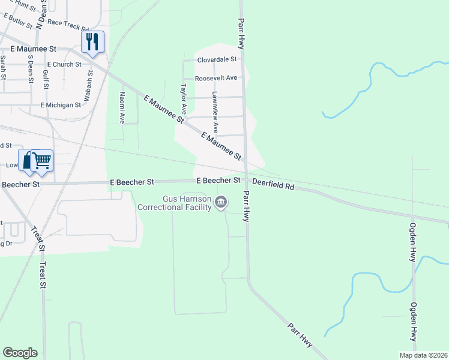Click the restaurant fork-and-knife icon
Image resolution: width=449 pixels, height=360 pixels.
92,41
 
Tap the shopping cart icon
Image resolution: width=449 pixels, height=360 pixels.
41,160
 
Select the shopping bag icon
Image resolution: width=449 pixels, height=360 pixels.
28,160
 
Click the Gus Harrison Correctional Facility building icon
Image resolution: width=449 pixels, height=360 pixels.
221,203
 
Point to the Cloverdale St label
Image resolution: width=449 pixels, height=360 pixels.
217,60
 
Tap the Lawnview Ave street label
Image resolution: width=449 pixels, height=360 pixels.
216,112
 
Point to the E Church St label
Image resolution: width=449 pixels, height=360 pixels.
64,64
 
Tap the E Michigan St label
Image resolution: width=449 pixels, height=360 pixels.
61,105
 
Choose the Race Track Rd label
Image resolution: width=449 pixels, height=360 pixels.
68,29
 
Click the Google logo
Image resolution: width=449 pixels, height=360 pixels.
20,353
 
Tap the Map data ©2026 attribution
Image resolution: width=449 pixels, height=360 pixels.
423,355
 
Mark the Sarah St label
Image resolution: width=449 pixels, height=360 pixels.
4,68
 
